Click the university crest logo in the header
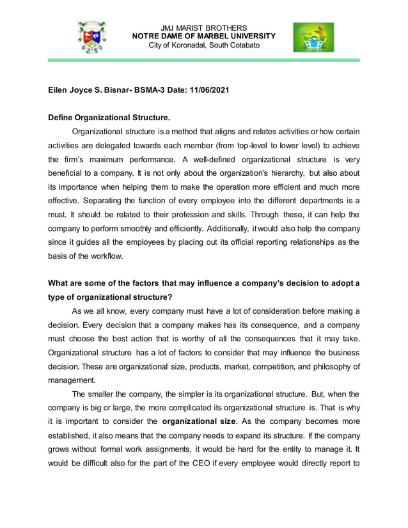pyautogui.click(x=91, y=36)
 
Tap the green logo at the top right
pyautogui.click(x=313, y=37)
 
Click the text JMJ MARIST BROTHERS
pyautogui.click(x=203, y=28)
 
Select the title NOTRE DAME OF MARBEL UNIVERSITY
pyautogui.click(x=203, y=36)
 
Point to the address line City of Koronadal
pyautogui.click(x=203, y=45)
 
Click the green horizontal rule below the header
pyautogui.click(x=203, y=60)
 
